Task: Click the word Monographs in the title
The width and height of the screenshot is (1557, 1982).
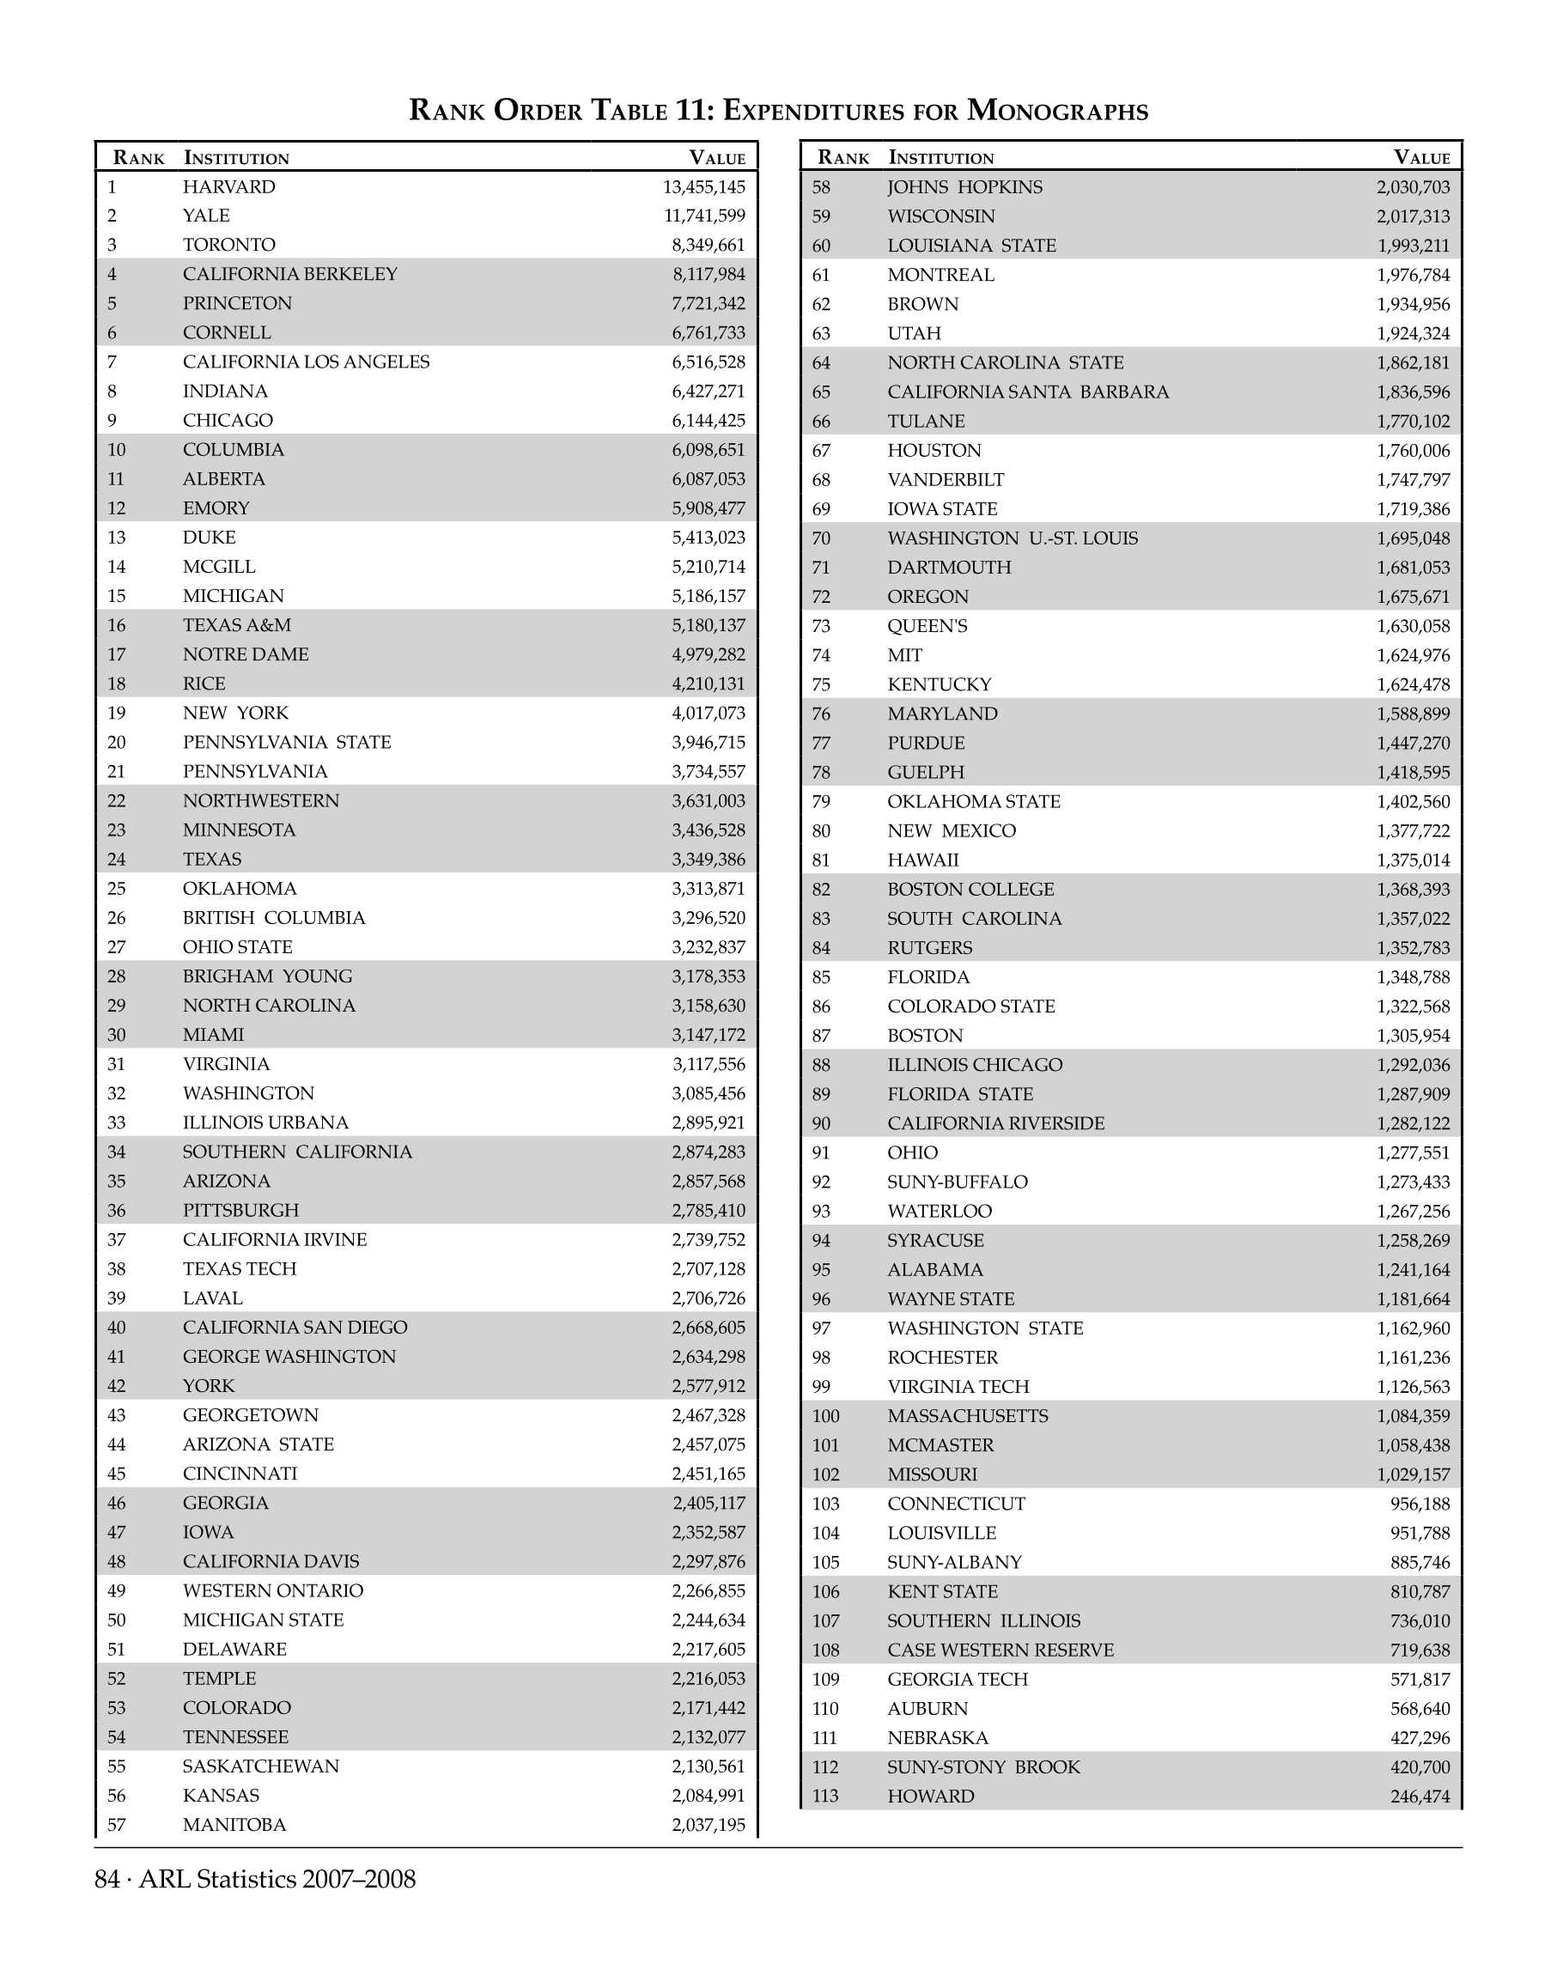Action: (1057, 110)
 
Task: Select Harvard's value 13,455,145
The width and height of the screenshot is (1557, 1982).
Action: (703, 187)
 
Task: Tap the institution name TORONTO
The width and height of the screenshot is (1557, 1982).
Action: (228, 245)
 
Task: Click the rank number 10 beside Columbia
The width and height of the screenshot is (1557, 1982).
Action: (116, 449)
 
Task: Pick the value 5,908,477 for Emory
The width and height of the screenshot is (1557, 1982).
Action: (709, 508)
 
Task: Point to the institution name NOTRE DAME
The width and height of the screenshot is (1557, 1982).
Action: (246, 654)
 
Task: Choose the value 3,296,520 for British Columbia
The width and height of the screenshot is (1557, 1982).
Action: (709, 917)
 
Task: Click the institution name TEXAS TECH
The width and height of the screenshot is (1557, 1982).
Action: (239, 1268)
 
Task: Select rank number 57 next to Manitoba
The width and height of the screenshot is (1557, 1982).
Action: (116, 1824)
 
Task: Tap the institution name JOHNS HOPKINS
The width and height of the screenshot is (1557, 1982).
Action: (964, 187)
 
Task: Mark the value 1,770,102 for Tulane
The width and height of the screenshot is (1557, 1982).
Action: (1413, 421)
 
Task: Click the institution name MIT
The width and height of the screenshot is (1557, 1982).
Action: (904, 654)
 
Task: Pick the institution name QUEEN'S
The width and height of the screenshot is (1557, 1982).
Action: (928, 625)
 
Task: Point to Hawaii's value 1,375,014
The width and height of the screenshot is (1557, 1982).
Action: (1413, 860)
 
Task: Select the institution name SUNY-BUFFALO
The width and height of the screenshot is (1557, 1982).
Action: (958, 1182)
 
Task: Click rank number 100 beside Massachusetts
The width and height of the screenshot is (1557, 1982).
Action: (825, 1416)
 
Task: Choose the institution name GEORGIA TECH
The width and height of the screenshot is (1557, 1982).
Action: (958, 1680)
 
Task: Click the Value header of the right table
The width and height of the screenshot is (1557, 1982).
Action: (1421, 158)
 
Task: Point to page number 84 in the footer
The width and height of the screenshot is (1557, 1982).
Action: (106, 1879)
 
